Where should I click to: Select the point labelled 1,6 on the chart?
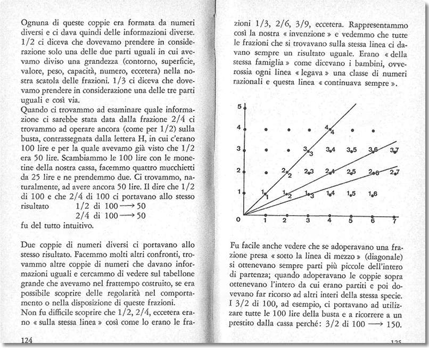[x=373, y=194]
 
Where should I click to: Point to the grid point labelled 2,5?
[x=351, y=172]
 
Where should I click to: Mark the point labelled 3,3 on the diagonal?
[x=308, y=151]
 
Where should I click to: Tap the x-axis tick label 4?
[x=329, y=220]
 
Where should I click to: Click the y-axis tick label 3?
[x=239, y=149]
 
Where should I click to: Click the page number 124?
[x=27, y=340]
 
